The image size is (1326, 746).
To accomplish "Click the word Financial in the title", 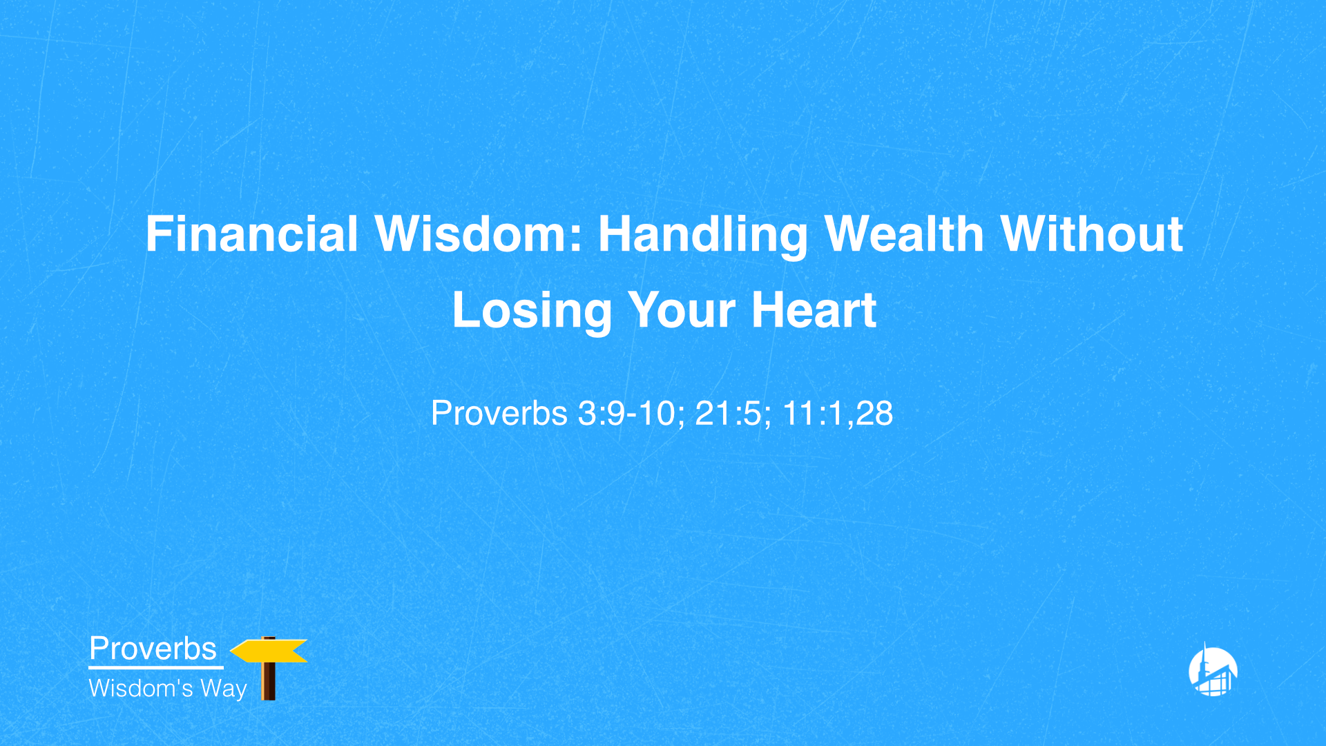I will pos(251,234).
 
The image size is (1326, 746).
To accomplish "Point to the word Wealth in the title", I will pos(904,234).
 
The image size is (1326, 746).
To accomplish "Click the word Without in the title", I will pos(1092,234).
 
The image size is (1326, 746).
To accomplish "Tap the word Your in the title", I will pos(681,311).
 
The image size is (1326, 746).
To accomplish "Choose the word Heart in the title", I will pos(814,310).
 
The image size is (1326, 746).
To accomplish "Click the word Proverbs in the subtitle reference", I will pos(499,413).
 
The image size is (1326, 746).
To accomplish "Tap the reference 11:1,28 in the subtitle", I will pos(837,413).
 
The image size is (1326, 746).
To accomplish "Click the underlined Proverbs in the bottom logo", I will pos(153,649).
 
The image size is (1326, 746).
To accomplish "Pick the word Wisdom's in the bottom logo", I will pos(141,688).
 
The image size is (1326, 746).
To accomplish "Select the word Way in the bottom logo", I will pos(224,689).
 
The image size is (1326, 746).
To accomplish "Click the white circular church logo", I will pos(1213,671).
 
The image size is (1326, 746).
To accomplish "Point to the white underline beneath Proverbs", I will pos(155,667).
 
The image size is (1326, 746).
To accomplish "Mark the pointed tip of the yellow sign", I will pos(232,651).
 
